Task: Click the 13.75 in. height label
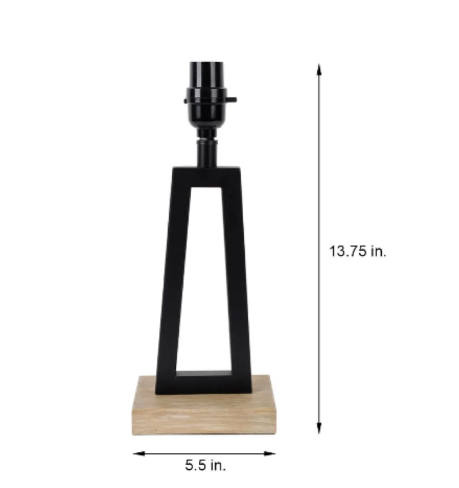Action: [x=358, y=251]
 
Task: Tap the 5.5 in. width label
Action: [x=205, y=465]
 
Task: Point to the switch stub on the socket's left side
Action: [x=185, y=100]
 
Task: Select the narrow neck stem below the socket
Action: [x=206, y=152]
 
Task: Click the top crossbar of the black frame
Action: [x=206, y=176]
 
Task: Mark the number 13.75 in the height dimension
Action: [x=348, y=251]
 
